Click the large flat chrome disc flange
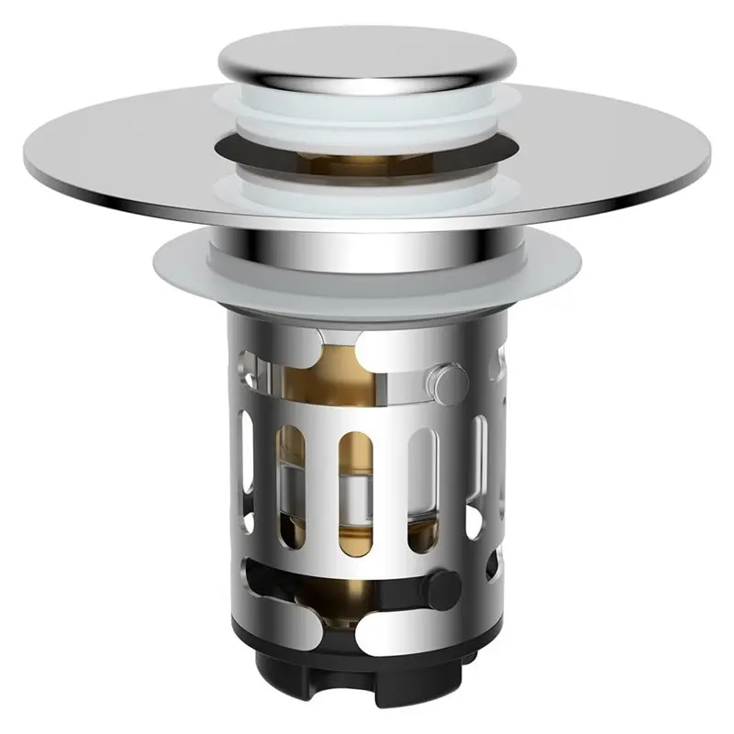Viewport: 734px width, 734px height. tap(138, 156)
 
